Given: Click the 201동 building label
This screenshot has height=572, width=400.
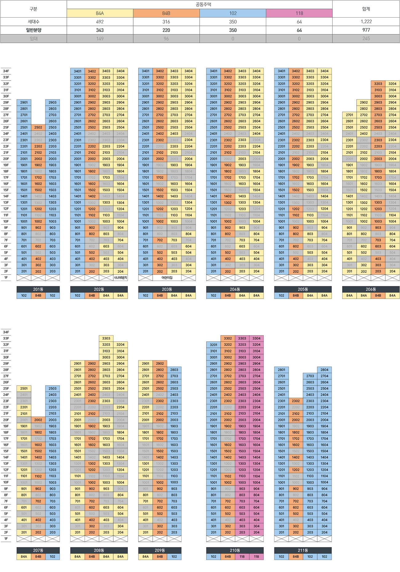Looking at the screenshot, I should click(38, 289).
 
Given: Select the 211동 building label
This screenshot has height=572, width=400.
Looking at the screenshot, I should click(303, 550).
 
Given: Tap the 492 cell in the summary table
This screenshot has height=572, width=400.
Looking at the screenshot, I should click(100, 22).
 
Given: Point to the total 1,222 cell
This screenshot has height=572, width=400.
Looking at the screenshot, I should click(366, 22).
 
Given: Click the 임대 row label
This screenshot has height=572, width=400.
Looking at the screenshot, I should click(34, 39).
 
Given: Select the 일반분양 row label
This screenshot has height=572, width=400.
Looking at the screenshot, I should click(34, 30).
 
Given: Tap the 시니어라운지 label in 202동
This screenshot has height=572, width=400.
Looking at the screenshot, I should click(120, 278).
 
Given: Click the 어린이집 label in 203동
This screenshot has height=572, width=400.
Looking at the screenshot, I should click(167, 278).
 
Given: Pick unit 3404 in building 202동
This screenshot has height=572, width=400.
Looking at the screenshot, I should click(120, 71).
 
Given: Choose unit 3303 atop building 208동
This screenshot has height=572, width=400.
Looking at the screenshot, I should click(106, 338).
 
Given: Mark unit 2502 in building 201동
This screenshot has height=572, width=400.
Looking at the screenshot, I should click(38, 127).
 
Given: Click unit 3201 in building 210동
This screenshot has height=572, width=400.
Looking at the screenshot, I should click(214, 345).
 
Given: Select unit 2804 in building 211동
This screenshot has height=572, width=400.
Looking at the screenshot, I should click(324, 370).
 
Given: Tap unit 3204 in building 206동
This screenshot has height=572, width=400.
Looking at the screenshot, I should click(392, 84).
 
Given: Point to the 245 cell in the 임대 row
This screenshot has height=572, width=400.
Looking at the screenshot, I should click(366, 39).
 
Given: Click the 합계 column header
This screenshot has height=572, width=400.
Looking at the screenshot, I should click(366, 9).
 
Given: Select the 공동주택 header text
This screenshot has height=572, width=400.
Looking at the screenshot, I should click(203, 5).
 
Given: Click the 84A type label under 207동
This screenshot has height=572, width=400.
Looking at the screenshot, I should click(24, 557).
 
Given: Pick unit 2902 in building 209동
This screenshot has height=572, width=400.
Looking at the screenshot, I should click(160, 363).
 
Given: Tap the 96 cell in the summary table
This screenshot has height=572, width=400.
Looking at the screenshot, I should click(166, 39).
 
